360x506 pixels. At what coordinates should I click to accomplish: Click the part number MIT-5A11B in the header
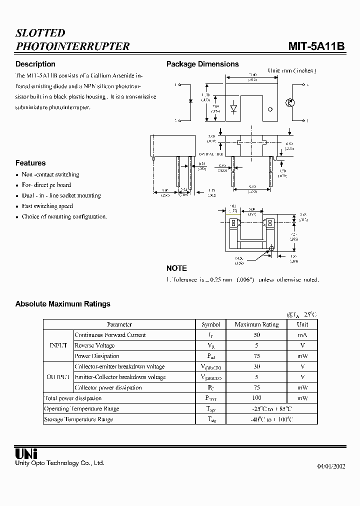[x=316, y=46]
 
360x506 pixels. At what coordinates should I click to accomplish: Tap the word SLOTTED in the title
[x=40, y=33]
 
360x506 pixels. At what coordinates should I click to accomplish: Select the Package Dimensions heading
[x=202, y=64]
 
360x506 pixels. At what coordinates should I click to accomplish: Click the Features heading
[x=30, y=163]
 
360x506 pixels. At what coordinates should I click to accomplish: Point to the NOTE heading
[x=176, y=268]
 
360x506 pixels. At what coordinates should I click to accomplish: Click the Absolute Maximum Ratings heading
[x=63, y=304]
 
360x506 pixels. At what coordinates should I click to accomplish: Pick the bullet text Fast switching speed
[x=47, y=206]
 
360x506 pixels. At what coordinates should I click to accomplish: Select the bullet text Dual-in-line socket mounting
[x=61, y=195]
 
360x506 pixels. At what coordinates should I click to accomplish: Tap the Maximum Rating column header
[x=256, y=324]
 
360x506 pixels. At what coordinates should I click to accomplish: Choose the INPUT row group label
[x=58, y=345]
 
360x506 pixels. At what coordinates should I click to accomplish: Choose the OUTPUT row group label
[x=58, y=377]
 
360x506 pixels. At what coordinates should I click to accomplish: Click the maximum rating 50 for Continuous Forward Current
[x=256, y=335]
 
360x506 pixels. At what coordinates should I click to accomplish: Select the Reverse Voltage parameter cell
[x=94, y=345]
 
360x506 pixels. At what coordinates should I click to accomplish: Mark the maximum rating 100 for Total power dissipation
[x=256, y=398]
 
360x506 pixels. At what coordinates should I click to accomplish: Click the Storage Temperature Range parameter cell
[x=78, y=419]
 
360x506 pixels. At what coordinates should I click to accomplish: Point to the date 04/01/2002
[x=331, y=466]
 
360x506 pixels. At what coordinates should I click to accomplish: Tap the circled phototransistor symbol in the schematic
[x=289, y=102]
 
